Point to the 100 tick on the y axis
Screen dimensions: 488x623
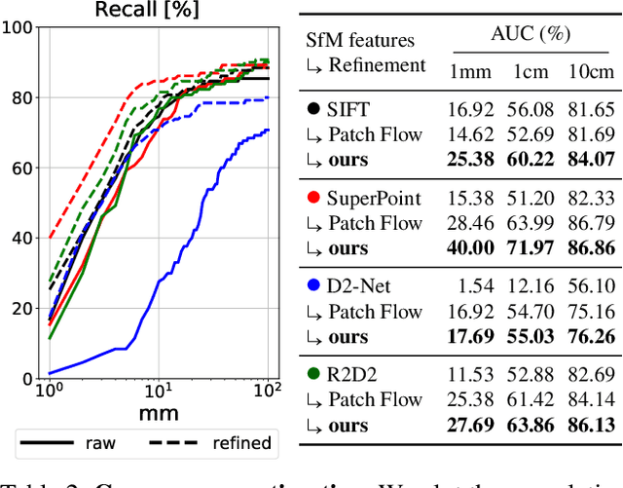click(18, 27)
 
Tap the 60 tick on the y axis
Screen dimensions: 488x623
click(22, 168)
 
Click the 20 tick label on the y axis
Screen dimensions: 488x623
click(22, 308)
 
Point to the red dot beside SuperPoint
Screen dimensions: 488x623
click(312, 199)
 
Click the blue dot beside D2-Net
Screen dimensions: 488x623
click(312, 286)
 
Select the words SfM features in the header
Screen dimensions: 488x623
click(359, 40)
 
